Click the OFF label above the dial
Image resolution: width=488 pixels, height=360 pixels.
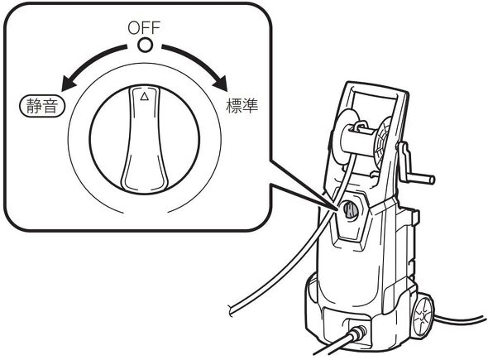[144, 27]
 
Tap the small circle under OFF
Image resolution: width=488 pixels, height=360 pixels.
[145, 46]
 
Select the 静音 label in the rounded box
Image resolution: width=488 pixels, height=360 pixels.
[42, 106]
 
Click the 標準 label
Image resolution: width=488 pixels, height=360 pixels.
[242, 106]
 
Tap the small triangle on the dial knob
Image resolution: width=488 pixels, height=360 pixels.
[144, 97]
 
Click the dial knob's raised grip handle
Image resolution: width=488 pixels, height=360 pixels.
[145, 139]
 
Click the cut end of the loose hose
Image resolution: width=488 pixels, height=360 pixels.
[231, 310]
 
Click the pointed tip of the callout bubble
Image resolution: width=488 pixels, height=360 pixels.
[337, 208]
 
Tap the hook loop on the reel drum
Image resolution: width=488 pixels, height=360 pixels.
[359, 126]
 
